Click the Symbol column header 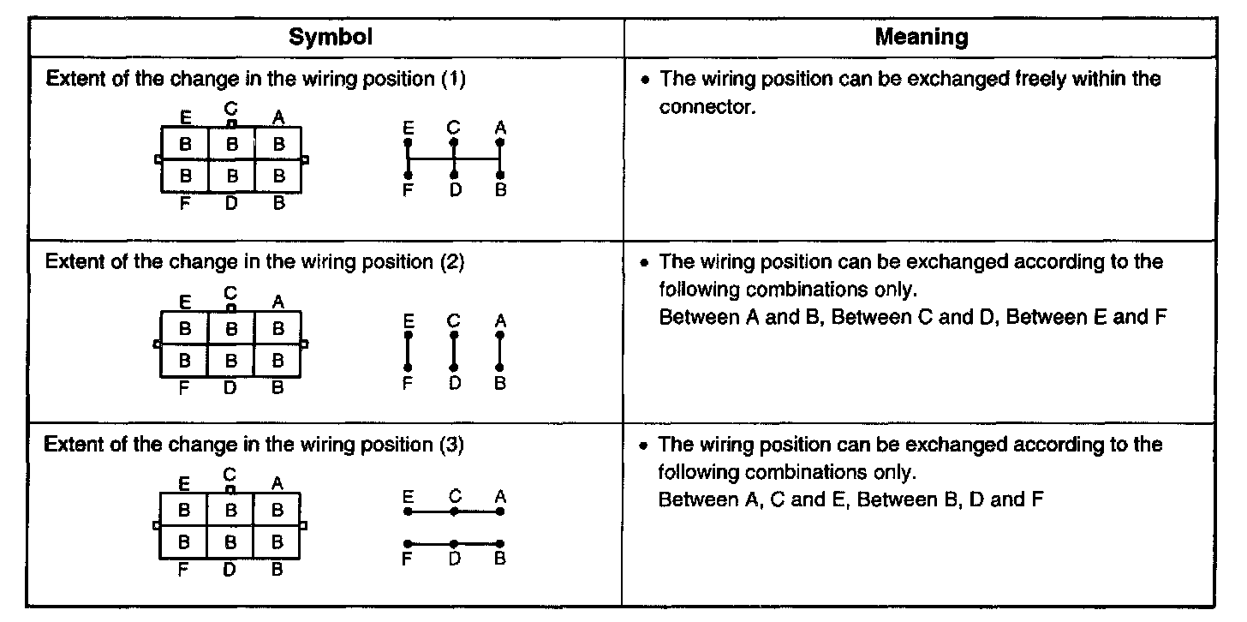pos(330,37)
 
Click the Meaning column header pos(922,37)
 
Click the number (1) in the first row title pos(453,80)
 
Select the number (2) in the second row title pos(452,262)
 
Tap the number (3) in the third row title pos(452,445)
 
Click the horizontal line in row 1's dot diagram pos(454,158)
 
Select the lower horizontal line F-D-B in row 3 pos(454,543)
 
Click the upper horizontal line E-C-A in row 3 pos(454,511)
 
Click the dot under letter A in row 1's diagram pos(500,142)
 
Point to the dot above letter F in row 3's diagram pos(408,543)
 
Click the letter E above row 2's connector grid pos(185,301)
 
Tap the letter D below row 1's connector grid pos(231,204)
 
